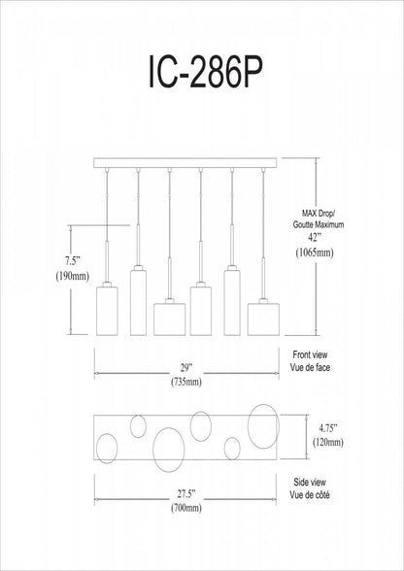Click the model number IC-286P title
205,73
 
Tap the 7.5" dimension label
73,260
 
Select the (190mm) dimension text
73,276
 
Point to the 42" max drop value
314,238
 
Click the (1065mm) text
315,252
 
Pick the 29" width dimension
185,368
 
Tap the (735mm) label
185,383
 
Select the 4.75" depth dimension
327,428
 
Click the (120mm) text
328,443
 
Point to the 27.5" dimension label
185,493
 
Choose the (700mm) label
185,508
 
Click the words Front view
310,354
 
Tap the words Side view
310,482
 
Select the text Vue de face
311,367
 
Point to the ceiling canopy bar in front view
185,162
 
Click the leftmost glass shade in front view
107,311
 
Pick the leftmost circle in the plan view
96,449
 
